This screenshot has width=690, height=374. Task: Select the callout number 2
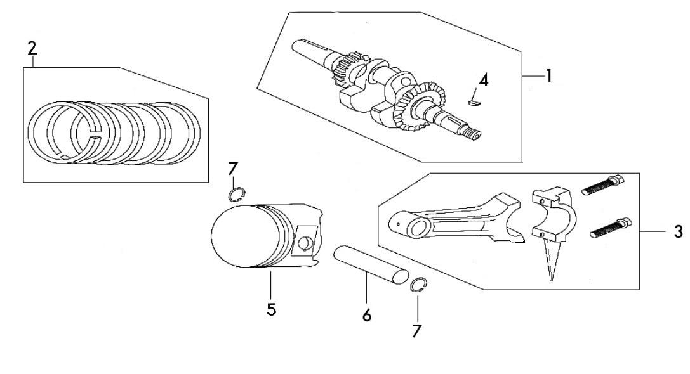[32, 48]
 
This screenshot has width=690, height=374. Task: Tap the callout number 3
[678, 231]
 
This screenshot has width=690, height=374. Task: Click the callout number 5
[272, 309]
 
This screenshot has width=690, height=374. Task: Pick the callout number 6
[367, 315]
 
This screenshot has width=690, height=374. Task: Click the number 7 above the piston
[233, 169]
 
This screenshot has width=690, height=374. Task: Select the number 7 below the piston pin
[416, 331]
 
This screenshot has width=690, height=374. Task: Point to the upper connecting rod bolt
[603, 186]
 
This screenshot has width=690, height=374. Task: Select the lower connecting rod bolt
[611, 229]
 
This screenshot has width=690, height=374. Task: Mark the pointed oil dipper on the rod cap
[549, 259]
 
